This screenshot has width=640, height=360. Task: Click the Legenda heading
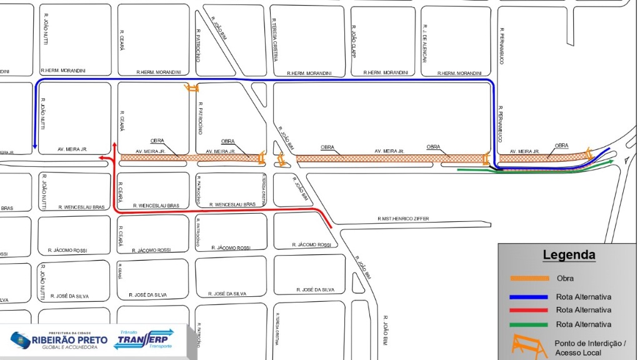[569, 255]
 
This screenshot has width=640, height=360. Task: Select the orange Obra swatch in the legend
[528, 278]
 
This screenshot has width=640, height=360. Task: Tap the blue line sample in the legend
[528, 297]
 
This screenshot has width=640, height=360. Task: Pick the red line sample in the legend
[528, 310]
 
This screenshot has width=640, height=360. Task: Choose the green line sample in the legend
[528, 324]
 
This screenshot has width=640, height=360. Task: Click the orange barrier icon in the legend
[526, 345]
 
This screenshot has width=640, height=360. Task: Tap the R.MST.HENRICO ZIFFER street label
[404, 219]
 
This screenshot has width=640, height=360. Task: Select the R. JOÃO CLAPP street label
[354, 42]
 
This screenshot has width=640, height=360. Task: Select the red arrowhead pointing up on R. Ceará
[114, 146]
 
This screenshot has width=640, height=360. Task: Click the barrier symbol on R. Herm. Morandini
[191, 88]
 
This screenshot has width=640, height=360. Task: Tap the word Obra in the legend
[564, 278]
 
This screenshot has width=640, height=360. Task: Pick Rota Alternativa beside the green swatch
[583, 324]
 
